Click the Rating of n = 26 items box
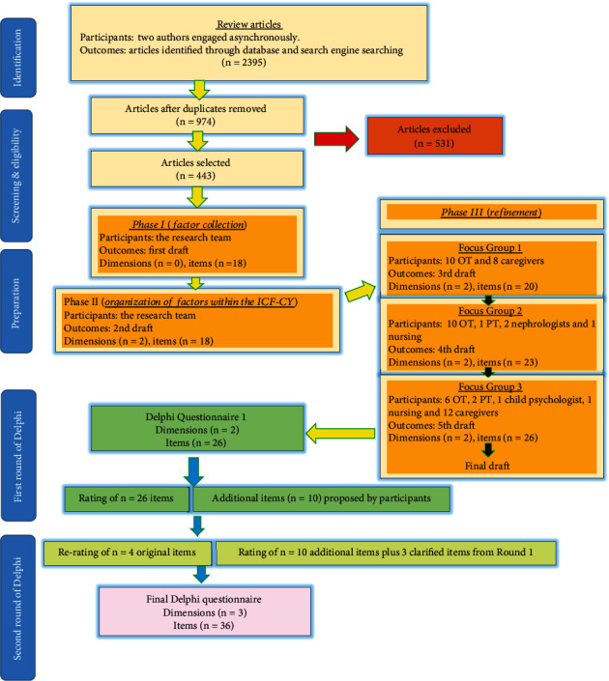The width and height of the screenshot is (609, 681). (128, 498)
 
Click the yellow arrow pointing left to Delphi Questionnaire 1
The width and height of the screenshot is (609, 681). (342, 426)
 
